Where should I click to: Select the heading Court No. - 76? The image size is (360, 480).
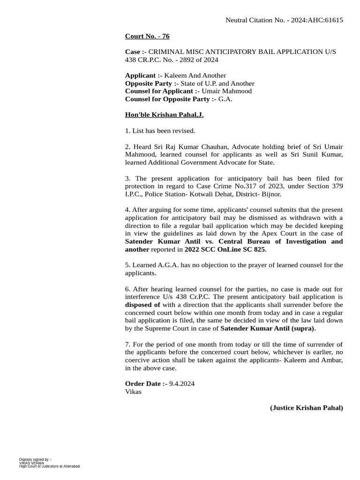[144, 37]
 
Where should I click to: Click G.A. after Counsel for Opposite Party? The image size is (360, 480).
[225, 99]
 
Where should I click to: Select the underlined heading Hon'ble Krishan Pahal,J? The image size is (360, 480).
[164, 115]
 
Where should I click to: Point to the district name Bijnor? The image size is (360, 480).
[270, 194]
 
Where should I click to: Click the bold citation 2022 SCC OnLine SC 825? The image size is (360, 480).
[225, 249]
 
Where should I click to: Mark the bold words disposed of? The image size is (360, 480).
[142, 305]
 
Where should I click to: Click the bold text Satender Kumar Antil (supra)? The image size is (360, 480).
[268, 328]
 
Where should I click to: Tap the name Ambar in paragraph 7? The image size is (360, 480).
[333, 360]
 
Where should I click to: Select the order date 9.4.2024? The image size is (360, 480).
[182, 384]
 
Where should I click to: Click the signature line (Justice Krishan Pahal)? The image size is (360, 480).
[307, 408]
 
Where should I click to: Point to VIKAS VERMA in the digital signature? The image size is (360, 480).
[31, 463]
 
